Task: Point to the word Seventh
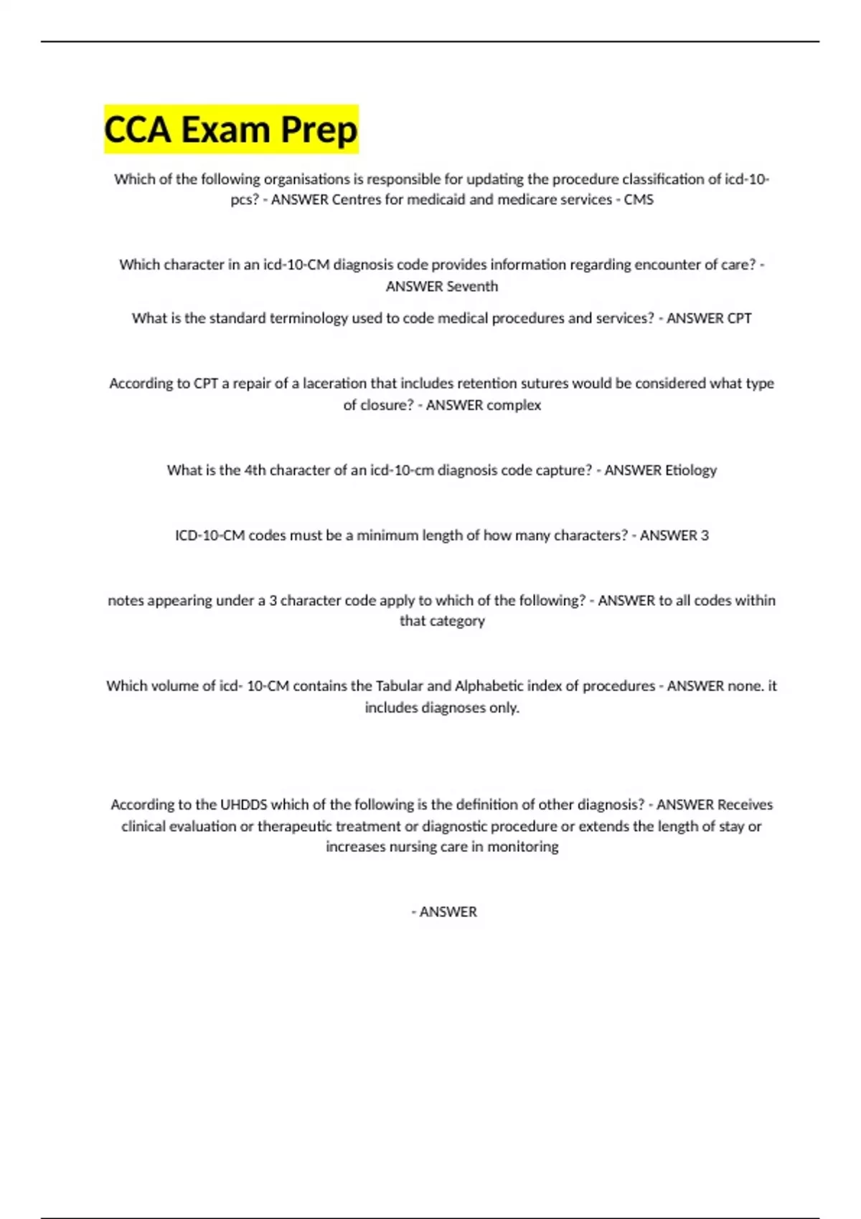pos(472,286)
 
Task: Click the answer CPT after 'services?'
pos(740,318)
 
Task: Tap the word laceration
pos(335,384)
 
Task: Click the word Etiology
pos(690,470)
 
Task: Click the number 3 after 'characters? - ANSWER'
pos(705,536)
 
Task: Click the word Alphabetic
pos(489,686)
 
